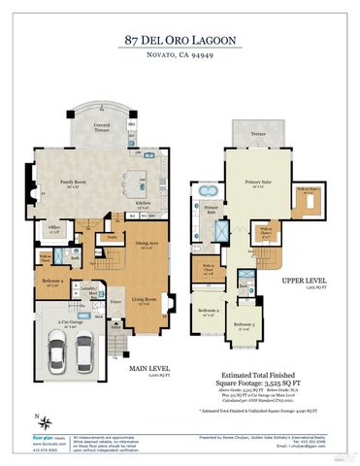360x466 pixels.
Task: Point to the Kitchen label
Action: tap(142, 203)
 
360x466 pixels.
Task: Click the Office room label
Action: tap(55, 230)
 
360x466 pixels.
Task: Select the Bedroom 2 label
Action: tap(208, 311)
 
